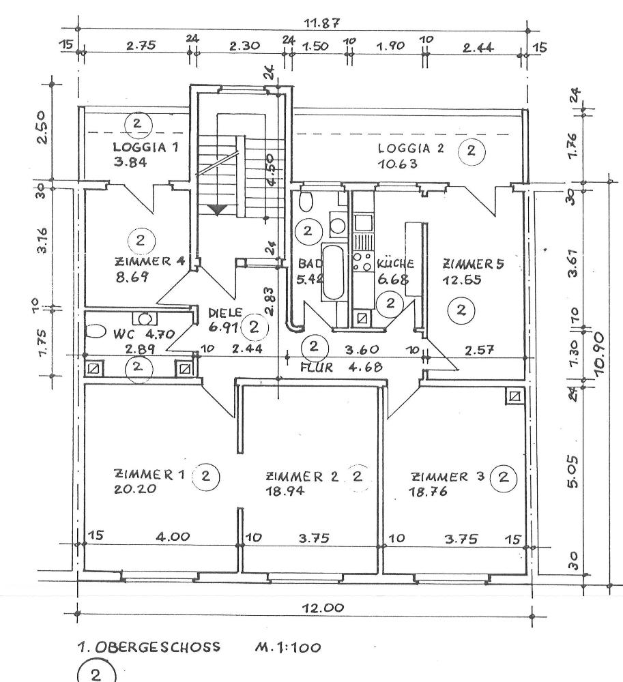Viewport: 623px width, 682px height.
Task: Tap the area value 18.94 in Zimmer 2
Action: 285,490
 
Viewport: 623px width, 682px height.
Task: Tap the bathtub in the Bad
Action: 334,273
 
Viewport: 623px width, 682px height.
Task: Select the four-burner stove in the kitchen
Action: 362,262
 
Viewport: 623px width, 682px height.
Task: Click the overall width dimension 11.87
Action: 319,23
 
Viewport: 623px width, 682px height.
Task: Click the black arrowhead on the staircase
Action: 217,210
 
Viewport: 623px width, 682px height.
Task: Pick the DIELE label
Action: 221,313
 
